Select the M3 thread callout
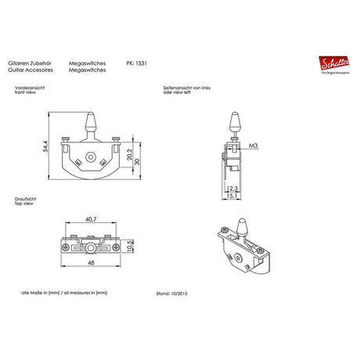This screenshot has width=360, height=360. coord(254,146)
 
